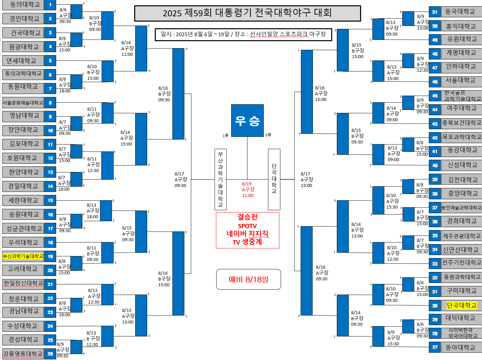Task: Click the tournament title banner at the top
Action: coord(247,13)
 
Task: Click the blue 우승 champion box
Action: coord(247,121)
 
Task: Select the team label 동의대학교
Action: coord(23,5)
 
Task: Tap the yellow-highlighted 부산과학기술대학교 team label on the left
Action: coord(23,256)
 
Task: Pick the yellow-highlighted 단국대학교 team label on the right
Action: coord(461,306)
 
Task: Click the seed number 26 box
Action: coord(50,354)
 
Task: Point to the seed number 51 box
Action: coord(435,12)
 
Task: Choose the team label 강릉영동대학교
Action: coord(23,354)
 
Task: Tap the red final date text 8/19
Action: coord(247,184)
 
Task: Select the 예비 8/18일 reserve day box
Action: coord(248,279)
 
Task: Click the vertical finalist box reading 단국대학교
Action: coord(274,179)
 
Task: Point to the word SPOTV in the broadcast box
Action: coord(247,226)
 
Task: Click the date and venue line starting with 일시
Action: coord(243,35)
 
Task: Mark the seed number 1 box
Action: coord(50,5)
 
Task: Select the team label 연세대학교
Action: coord(23,61)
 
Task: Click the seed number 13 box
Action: coord(50,172)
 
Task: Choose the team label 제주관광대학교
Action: coord(461,236)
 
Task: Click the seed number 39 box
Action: coord(435,180)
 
